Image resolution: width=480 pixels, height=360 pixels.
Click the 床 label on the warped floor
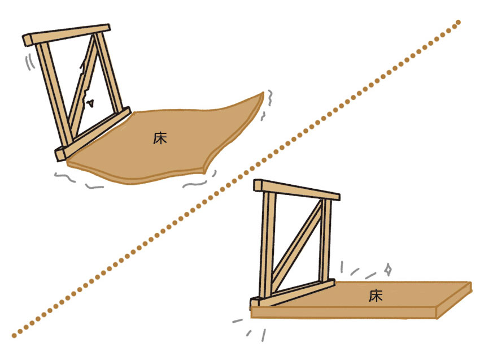pos(160,138)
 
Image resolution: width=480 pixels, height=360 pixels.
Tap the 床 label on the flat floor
pos(376,295)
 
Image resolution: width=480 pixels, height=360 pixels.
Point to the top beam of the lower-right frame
pos(297,190)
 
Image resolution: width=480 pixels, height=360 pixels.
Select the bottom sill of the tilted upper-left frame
pos(93,133)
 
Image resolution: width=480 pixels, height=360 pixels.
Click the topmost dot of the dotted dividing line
pos(458,23)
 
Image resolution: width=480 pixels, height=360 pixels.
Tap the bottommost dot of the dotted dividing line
pos(14,335)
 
